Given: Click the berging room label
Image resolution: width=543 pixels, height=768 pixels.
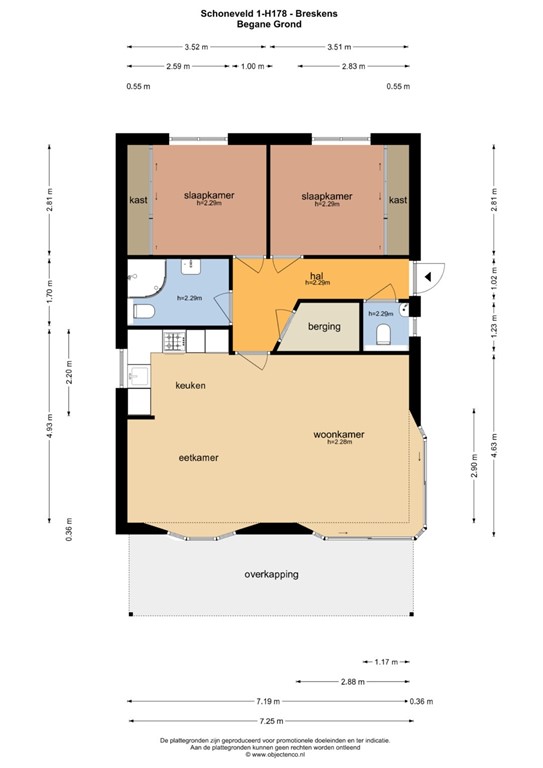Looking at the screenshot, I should point(324,326).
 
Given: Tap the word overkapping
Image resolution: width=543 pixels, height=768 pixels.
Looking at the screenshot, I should point(271,575).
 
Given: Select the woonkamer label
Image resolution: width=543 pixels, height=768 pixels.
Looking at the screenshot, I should point(338,435).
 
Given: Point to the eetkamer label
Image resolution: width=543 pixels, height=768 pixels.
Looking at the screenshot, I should point(198,457).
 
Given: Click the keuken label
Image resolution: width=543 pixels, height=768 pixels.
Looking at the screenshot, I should point(190,386).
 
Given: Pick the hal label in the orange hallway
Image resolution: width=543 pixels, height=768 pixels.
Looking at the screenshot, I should point(317,275).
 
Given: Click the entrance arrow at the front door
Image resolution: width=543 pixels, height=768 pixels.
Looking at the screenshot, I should point(427,276).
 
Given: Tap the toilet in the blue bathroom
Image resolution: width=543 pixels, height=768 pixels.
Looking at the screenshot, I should point(143,313).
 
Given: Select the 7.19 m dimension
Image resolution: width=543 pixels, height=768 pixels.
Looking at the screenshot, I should point(267,701).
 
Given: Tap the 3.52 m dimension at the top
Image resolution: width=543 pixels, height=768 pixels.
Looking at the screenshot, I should point(196,47).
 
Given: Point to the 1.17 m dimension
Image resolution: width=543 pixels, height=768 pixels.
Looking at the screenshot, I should point(387,661).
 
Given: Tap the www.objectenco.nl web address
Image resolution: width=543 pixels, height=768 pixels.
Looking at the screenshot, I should point(272,758).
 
